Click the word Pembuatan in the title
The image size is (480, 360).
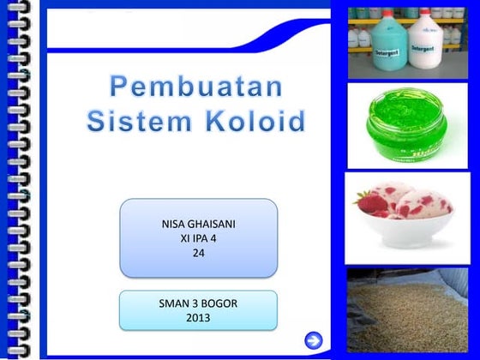(196, 87)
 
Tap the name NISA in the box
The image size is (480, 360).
(176, 224)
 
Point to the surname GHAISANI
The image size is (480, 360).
(213, 224)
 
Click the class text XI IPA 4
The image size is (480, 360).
(198, 238)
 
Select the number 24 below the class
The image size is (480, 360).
(198, 253)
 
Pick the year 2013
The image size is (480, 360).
(198, 319)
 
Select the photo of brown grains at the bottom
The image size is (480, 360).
(407, 313)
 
